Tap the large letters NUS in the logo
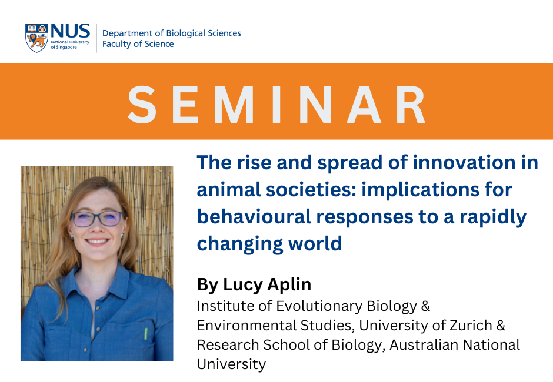70,31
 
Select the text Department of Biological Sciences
171,33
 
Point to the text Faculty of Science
138,44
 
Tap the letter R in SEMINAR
410,105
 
